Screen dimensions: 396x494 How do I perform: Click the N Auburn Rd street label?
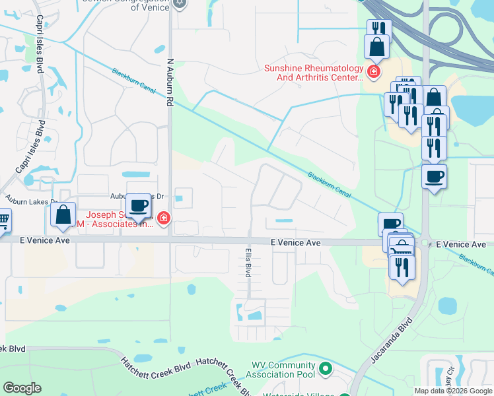[170, 82]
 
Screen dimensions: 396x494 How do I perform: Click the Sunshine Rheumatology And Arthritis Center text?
[314, 73]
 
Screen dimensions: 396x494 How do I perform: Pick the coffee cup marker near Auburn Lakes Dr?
[138, 205]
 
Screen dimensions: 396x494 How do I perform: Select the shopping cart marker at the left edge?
[3, 219]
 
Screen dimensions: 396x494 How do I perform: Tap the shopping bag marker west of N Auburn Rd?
[63, 214]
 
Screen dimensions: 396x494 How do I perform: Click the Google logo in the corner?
[22, 388]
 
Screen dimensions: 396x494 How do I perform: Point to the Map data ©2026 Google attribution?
[453, 391]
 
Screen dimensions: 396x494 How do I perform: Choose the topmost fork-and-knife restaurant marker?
[378, 28]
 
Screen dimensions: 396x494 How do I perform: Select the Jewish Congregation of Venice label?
[125, 5]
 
